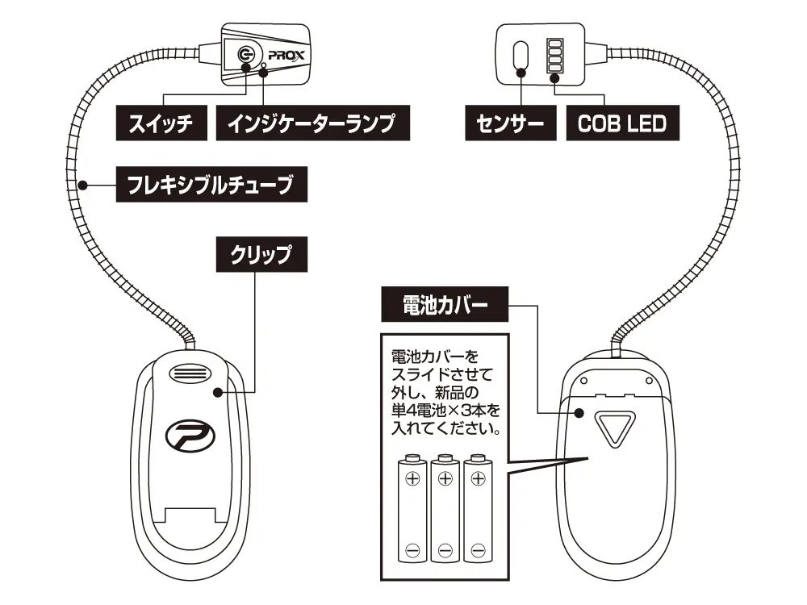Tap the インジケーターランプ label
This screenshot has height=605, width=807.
(312, 125)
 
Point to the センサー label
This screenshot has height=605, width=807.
(505, 125)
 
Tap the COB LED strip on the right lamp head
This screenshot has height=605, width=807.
(555, 57)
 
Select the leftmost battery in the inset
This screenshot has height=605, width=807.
(412, 510)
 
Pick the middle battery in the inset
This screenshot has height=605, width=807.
(445, 510)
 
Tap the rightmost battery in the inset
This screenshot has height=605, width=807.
(477, 510)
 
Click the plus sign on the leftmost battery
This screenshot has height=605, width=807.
(412, 478)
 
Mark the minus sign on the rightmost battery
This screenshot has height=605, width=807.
(477, 550)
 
